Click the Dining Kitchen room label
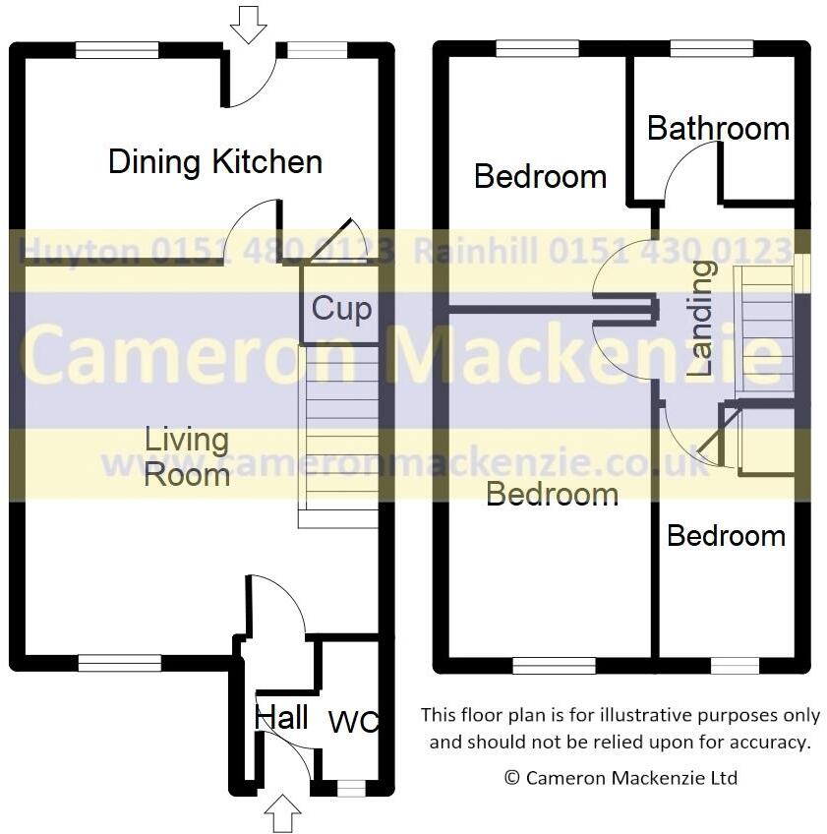(x=214, y=161)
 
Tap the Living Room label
(x=187, y=457)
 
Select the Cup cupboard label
(x=341, y=309)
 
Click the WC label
(x=354, y=723)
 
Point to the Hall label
(x=282, y=717)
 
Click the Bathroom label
(x=718, y=128)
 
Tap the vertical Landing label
(x=700, y=320)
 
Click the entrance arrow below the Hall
(x=283, y=812)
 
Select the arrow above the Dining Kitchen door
(x=248, y=24)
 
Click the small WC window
(x=350, y=788)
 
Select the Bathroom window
(x=711, y=48)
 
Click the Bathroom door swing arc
(x=692, y=167)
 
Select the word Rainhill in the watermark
(x=475, y=251)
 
